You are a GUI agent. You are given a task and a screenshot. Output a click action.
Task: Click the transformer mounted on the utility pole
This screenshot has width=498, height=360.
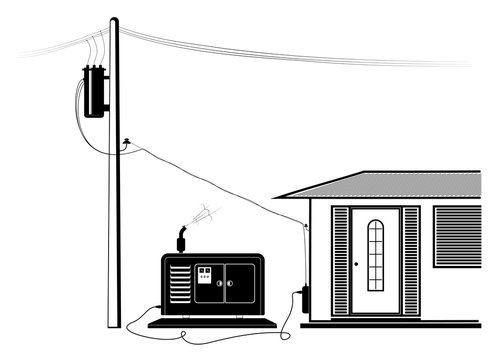pyautogui.click(x=96, y=90)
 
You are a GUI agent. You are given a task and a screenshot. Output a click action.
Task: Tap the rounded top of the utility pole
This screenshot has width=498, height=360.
pyautogui.click(x=114, y=21)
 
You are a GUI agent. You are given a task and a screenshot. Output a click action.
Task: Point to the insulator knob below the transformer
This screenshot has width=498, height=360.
pyautogui.click(x=124, y=144)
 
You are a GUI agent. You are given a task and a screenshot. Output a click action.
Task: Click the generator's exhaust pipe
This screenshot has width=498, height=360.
pyautogui.click(x=183, y=241)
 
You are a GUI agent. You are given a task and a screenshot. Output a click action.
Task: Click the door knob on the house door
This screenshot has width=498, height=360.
pyautogui.click(x=356, y=265)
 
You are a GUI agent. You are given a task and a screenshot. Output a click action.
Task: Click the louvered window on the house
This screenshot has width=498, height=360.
pyautogui.click(x=457, y=236)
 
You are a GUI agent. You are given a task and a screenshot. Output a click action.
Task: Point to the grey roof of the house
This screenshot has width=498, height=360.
pyautogui.click(x=390, y=184)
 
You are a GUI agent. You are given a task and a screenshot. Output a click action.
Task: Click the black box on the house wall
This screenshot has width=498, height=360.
pyautogui.click(x=302, y=299)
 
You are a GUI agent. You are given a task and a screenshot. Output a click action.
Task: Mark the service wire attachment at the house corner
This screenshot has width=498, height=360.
pyautogui.click(x=305, y=227)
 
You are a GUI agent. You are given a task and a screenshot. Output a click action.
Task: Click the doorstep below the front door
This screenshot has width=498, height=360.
pyautogui.click(x=376, y=322)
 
